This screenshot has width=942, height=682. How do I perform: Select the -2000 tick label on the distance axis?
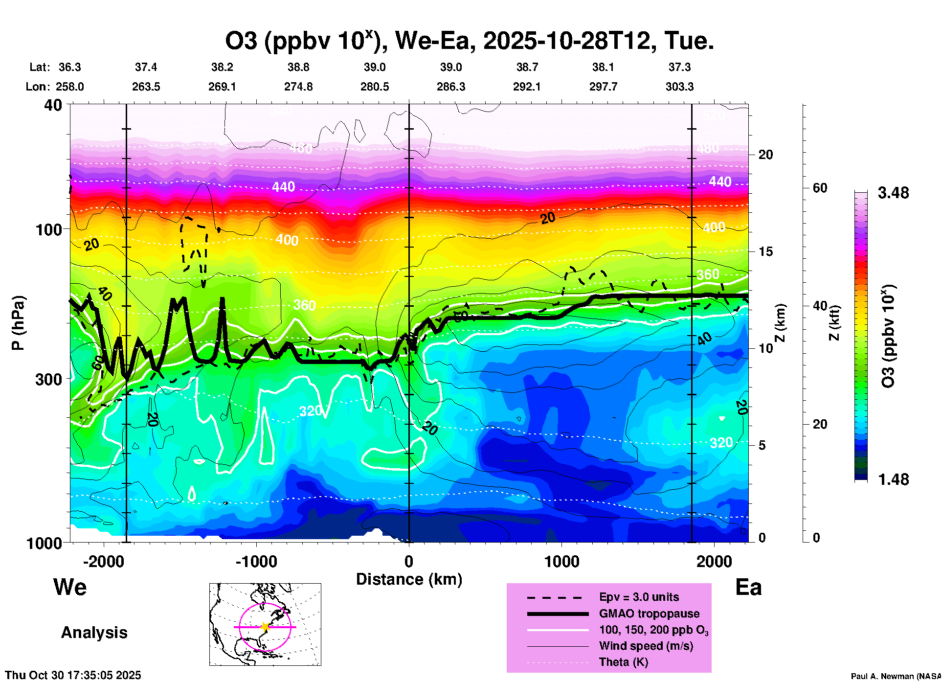click(104, 562)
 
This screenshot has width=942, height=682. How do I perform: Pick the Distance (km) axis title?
click(409, 579)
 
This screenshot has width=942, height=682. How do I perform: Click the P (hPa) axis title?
click(18, 323)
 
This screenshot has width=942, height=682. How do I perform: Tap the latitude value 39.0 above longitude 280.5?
click(375, 67)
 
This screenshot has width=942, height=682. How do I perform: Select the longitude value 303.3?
click(679, 87)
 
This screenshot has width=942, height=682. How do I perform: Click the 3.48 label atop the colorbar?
click(893, 193)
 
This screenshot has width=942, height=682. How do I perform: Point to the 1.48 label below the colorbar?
click(893, 479)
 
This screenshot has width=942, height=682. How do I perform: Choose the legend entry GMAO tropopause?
click(649, 614)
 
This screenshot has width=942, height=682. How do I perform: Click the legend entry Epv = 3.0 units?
click(639, 597)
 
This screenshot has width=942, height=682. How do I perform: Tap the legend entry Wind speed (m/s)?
click(646, 646)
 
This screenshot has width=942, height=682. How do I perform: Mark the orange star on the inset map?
click(265, 627)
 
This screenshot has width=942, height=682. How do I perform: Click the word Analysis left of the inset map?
click(94, 633)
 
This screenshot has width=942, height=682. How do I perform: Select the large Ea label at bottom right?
click(748, 588)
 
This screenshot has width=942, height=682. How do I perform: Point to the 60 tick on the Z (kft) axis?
click(820, 188)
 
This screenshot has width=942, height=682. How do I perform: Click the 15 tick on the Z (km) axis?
click(765, 251)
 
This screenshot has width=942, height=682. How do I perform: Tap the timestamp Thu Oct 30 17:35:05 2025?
click(73, 675)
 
